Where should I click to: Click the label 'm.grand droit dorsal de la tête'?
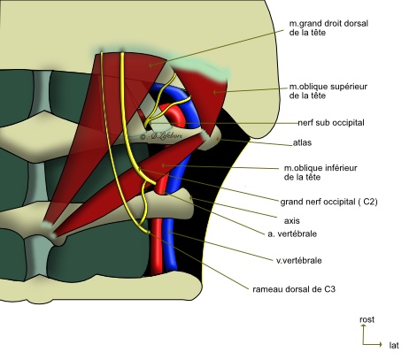[x=328, y=27]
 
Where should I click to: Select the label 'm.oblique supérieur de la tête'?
[x=328, y=91]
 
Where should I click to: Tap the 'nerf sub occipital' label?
[x=331, y=123]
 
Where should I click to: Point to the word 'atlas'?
[x=302, y=142]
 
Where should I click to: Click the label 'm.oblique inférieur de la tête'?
[x=320, y=172]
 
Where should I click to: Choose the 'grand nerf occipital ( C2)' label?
[x=328, y=202]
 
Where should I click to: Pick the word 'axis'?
[x=292, y=221]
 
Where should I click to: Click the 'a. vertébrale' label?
[x=292, y=234]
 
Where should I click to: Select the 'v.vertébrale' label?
[x=299, y=260]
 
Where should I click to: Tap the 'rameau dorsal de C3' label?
[x=294, y=289]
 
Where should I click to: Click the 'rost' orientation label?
[x=367, y=319]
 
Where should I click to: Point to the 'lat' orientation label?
[x=394, y=345]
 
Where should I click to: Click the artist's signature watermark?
[x=161, y=136]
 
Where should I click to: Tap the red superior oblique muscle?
[x=206, y=95]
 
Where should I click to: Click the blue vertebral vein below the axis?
[x=171, y=245]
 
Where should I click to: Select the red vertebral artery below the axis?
[x=157, y=245]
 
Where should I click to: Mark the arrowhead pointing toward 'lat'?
[x=382, y=344]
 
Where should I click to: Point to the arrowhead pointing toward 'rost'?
[x=363, y=326]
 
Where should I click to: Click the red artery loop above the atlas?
[x=174, y=113]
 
